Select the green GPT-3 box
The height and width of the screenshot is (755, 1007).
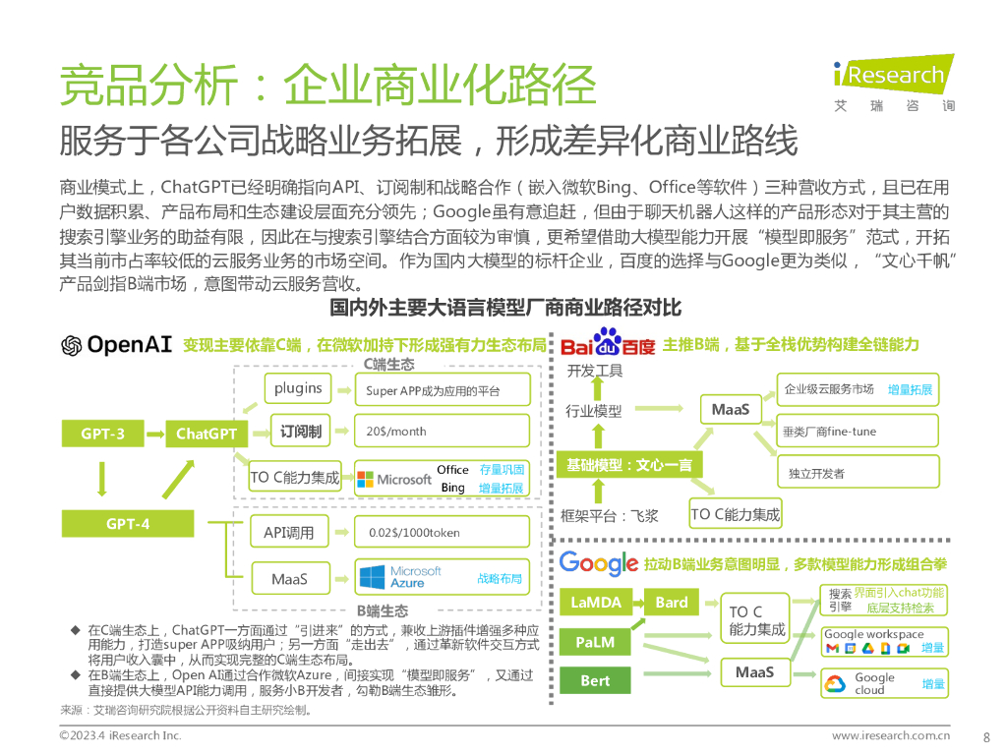click(x=102, y=433)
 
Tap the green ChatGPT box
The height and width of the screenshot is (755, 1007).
click(x=207, y=433)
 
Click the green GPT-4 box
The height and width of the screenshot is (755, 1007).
click(x=128, y=524)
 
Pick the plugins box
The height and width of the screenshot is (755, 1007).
click(x=298, y=388)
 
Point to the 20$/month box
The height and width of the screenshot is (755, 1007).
click(x=442, y=431)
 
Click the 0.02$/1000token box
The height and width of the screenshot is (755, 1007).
click(x=442, y=532)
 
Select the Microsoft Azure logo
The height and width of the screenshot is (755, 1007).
click(x=400, y=577)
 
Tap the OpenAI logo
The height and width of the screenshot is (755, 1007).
click(x=116, y=345)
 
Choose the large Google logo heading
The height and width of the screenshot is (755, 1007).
click(x=599, y=563)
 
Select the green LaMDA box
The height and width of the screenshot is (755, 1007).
click(x=596, y=602)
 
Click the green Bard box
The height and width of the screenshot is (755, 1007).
click(x=672, y=602)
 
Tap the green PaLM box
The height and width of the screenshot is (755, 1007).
click(x=596, y=642)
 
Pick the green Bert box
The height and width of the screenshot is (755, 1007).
click(x=596, y=680)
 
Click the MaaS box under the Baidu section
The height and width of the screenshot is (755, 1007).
click(x=731, y=409)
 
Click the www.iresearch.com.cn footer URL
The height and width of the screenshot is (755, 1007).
click(x=891, y=735)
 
